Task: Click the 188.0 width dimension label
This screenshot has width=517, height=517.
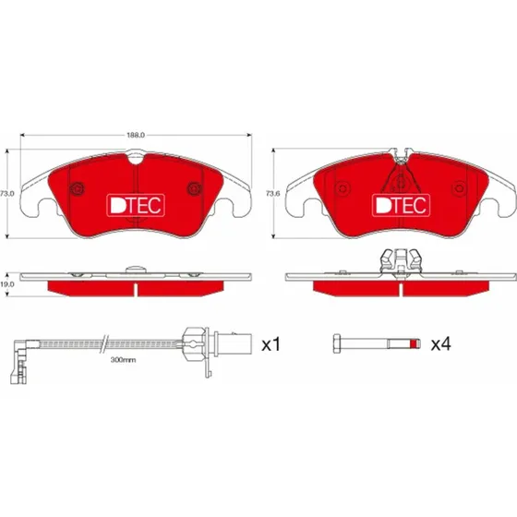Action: click(x=136, y=135)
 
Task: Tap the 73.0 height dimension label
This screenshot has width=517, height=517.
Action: click(x=7, y=194)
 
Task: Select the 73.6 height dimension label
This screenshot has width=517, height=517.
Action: click(x=273, y=194)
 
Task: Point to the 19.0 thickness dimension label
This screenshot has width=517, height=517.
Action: click(x=7, y=284)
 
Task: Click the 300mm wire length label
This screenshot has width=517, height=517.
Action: click(x=123, y=360)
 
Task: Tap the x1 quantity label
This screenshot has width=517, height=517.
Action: click(x=271, y=344)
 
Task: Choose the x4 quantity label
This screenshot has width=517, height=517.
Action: click(x=441, y=344)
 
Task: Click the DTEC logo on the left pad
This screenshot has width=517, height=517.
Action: click(x=136, y=205)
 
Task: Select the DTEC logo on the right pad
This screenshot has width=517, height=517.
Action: click(x=401, y=205)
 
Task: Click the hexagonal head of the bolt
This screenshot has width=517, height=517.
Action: click(x=337, y=343)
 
